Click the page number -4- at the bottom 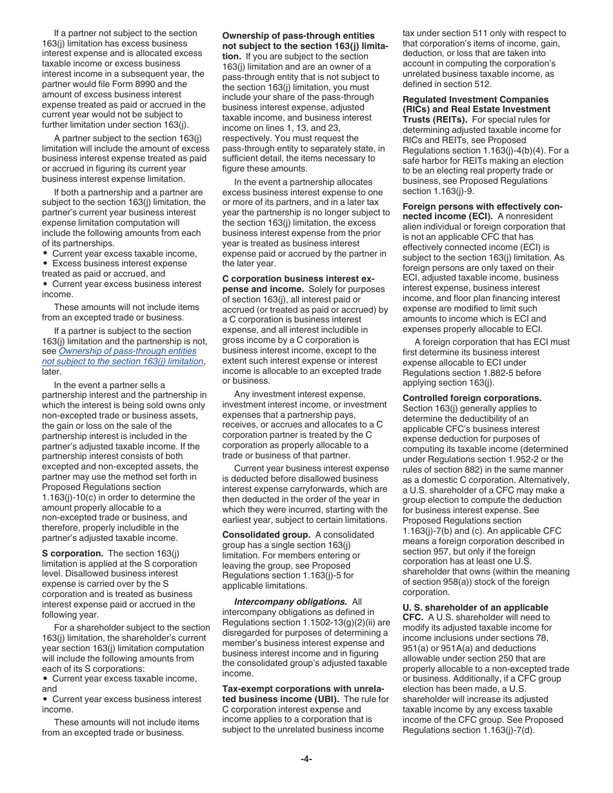306,759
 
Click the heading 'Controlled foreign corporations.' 472,398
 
